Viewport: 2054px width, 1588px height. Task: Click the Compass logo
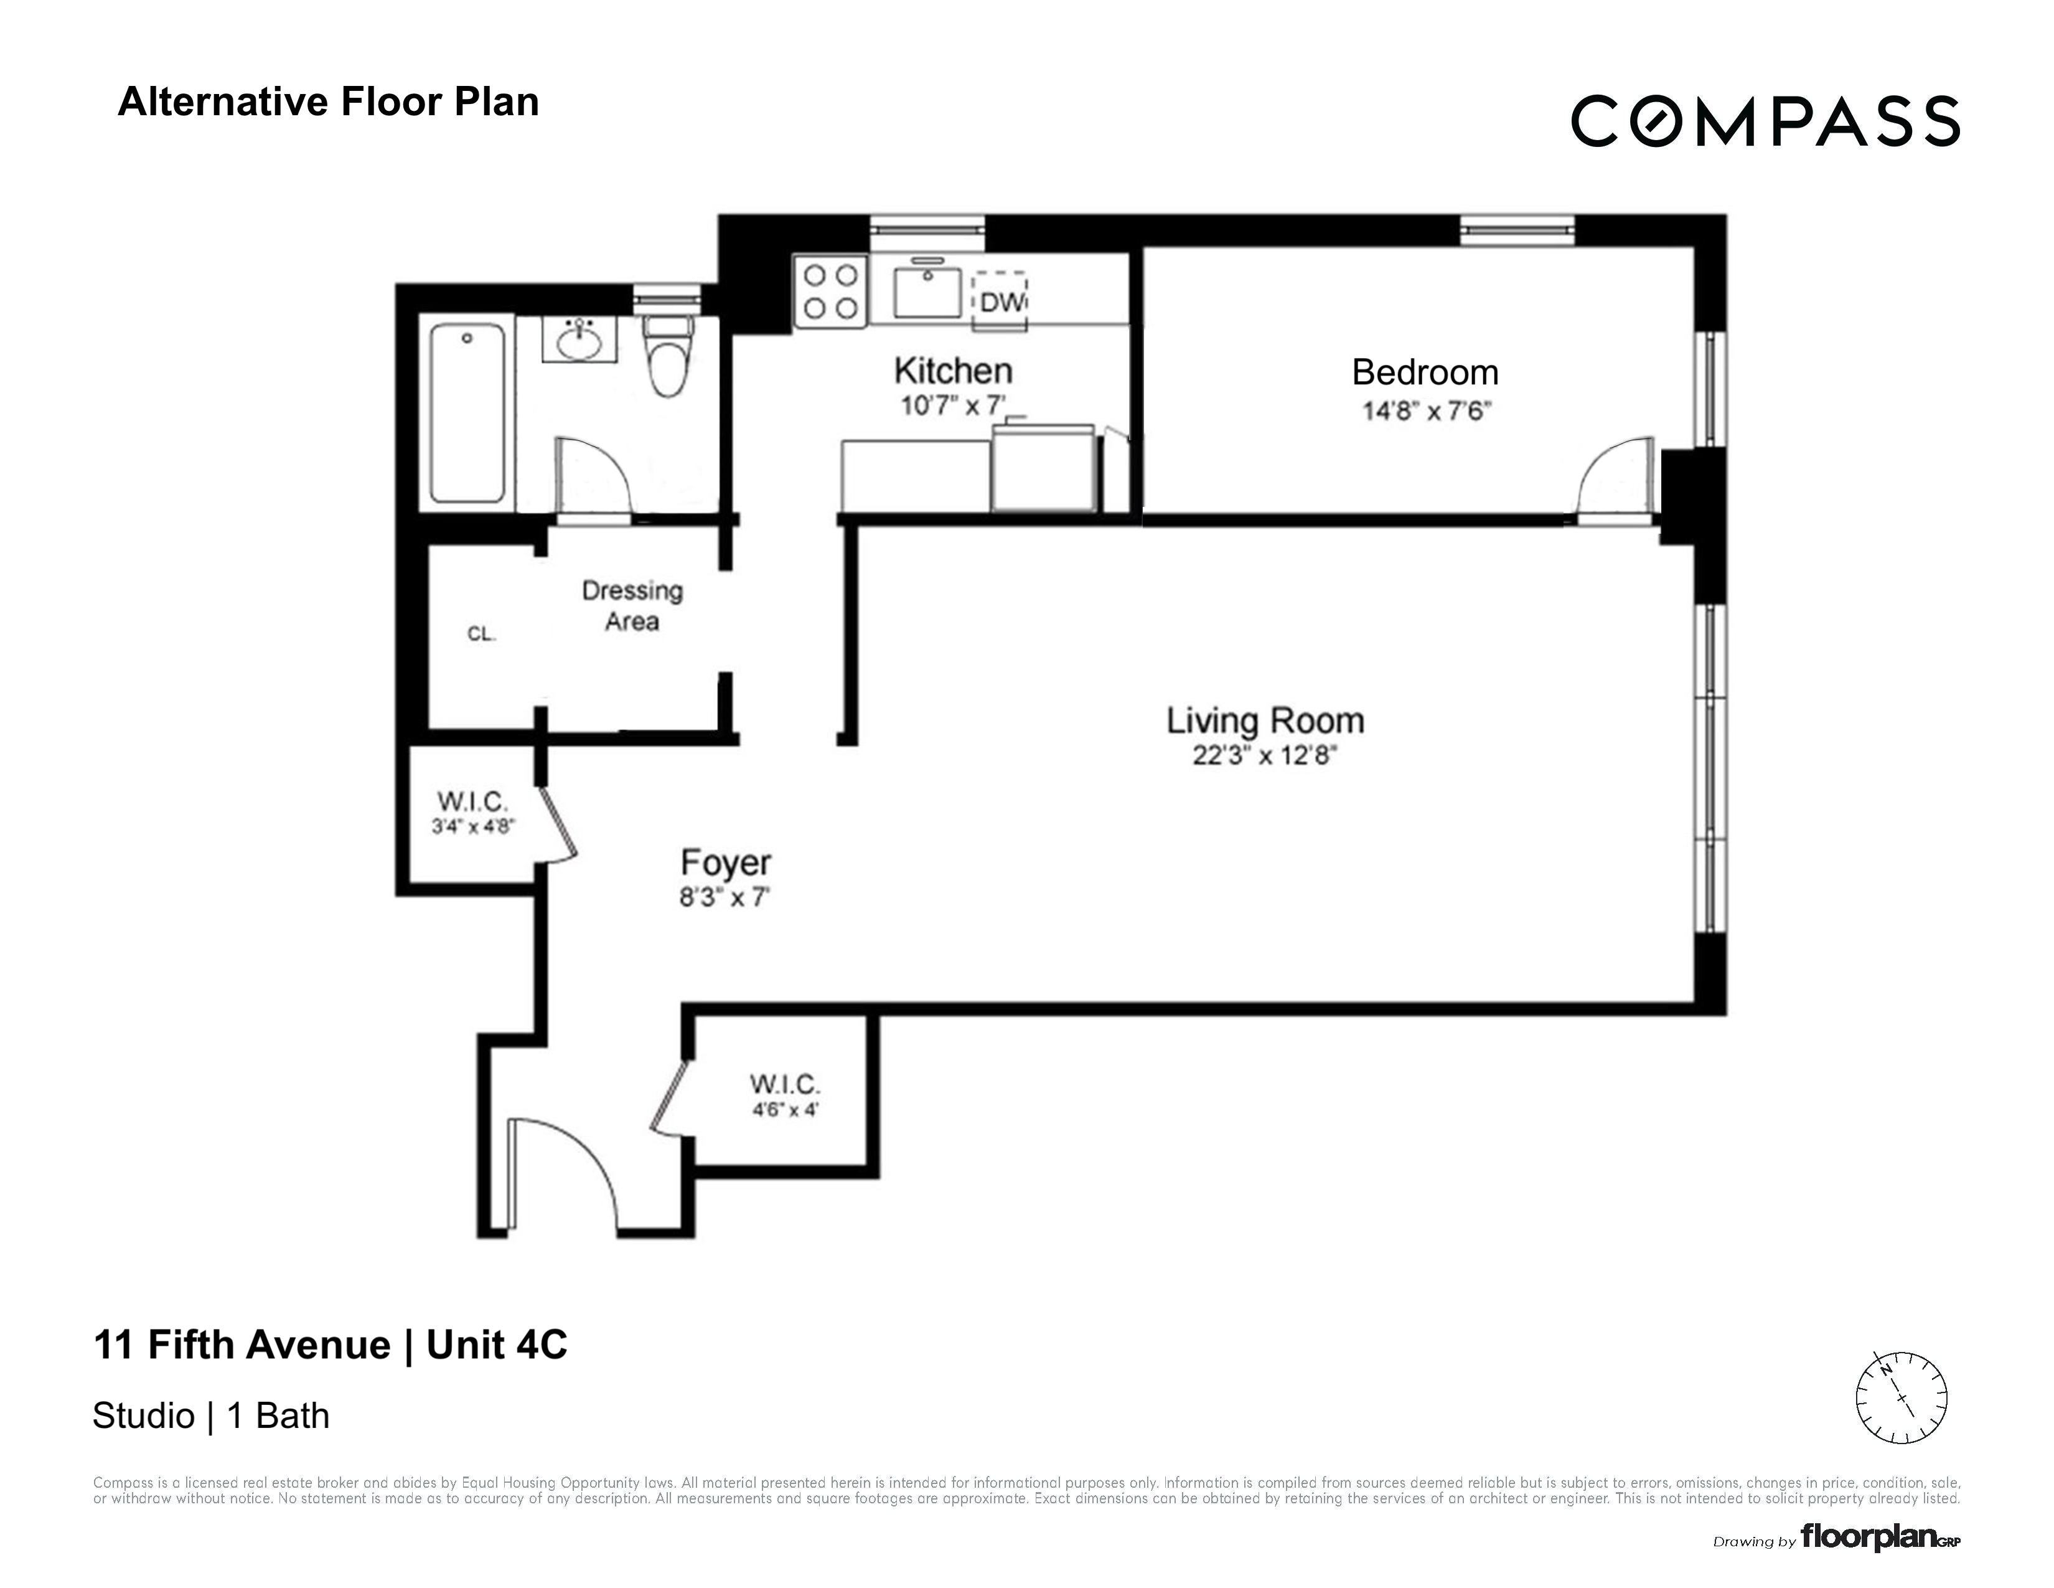[1765, 121]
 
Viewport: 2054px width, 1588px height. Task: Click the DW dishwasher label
[1001, 302]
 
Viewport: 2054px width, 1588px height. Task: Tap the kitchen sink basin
[927, 293]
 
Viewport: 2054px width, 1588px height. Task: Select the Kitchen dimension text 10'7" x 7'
[953, 407]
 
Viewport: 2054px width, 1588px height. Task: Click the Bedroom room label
[1424, 372]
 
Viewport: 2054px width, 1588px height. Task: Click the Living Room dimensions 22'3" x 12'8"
[1264, 755]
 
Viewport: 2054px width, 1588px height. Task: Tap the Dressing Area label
[632, 606]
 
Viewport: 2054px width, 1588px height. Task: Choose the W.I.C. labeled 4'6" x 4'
[784, 1095]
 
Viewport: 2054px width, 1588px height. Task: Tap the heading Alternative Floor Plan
[328, 102]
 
